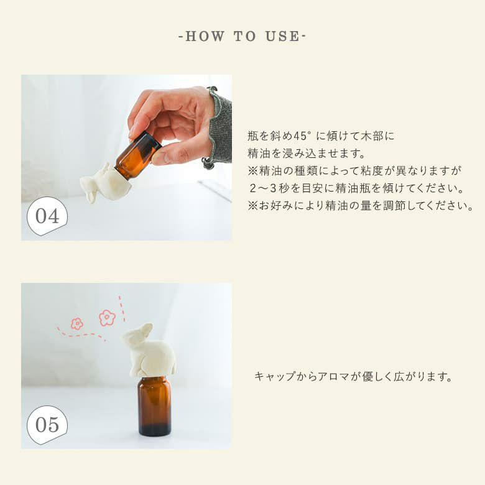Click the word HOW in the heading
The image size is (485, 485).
point(205,37)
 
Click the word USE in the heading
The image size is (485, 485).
point(282,37)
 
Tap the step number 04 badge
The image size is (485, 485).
point(47,216)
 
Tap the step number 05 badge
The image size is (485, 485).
point(47,425)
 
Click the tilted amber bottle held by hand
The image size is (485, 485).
point(138,155)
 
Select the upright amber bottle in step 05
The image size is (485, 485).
point(154,406)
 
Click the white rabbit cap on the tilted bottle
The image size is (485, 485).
point(104,183)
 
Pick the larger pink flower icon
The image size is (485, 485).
point(107,318)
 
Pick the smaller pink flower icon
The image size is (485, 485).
point(76,323)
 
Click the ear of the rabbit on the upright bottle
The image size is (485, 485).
point(145,330)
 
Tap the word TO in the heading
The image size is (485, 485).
point(245,37)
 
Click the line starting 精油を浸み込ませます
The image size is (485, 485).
point(306,154)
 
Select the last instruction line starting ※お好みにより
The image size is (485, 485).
point(361,206)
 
